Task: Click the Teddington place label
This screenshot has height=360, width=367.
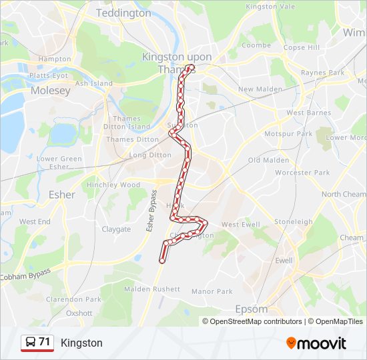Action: pyautogui.click(x=123, y=13)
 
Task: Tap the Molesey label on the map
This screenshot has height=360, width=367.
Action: pyautogui.click(x=50, y=90)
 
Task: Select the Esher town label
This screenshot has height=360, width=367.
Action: pyautogui.click(x=62, y=195)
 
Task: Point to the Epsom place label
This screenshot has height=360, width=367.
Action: pyautogui.click(x=252, y=309)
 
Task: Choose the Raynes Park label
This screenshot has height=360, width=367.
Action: pyautogui.click(x=322, y=72)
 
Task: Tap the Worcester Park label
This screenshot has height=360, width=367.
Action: pyautogui.click(x=302, y=173)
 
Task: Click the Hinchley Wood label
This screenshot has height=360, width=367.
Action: pyautogui.click(x=113, y=185)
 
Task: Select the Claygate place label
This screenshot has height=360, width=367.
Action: pyautogui.click(x=116, y=229)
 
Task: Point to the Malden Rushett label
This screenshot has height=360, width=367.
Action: pyautogui.click(x=152, y=289)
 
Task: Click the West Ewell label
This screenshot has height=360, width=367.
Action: pyautogui.click(x=240, y=225)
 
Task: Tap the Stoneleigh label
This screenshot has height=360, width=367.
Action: pyautogui.click(x=294, y=222)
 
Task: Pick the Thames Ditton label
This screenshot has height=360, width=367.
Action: pyautogui.click(x=132, y=139)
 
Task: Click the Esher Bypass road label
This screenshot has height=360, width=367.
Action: pyautogui.click(x=151, y=211)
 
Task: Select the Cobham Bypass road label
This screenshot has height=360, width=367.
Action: pyautogui.click(x=25, y=274)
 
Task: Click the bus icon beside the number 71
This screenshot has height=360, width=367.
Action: pyautogui.click(x=31, y=343)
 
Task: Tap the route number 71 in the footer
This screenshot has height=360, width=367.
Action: pyautogui.click(x=45, y=343)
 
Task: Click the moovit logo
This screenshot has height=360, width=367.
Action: pyautogui.click(x=316, y=343)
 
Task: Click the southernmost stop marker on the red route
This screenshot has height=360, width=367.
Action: pyautogui.click(x=161, y=261)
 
